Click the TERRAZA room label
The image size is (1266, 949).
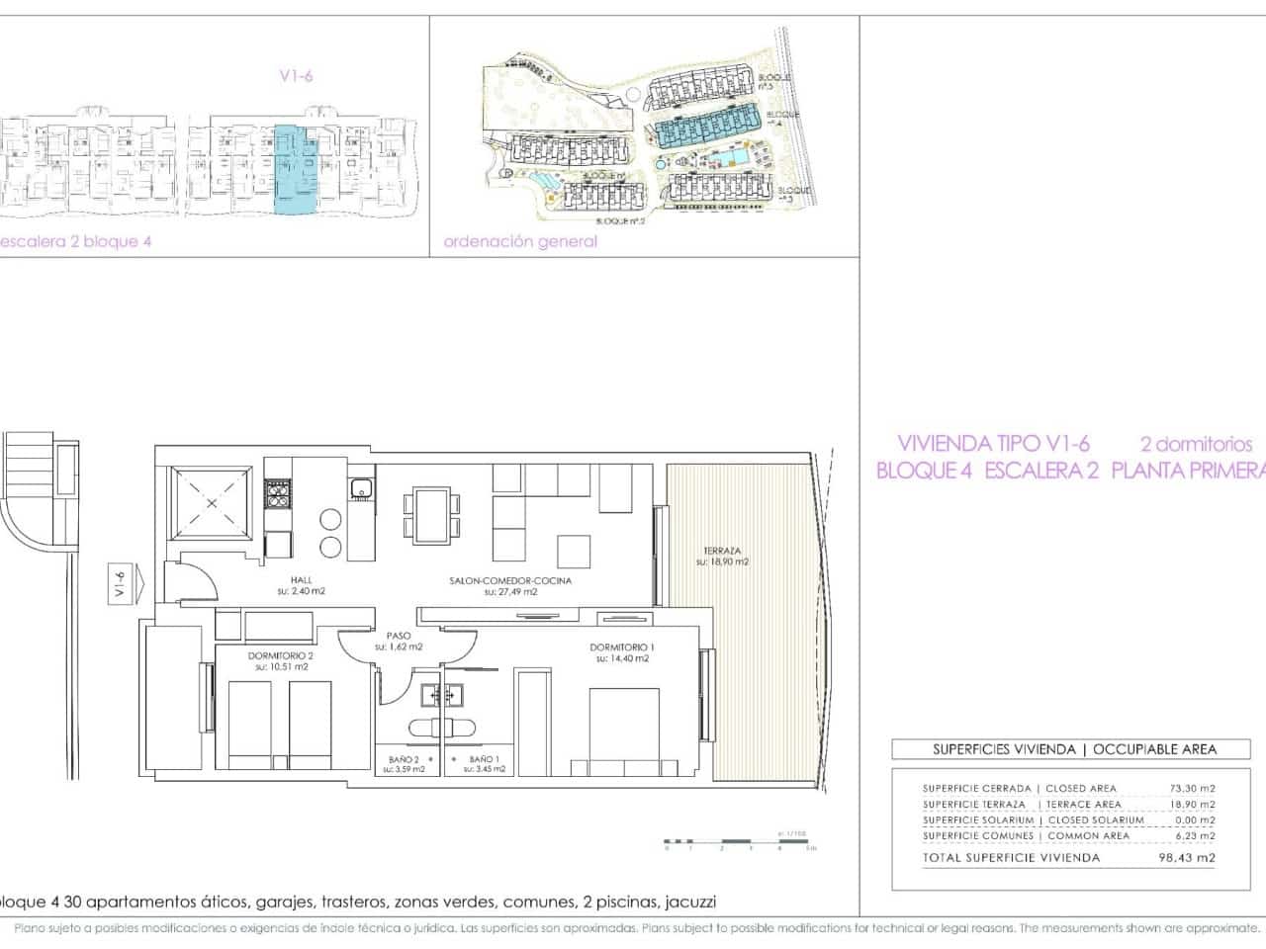point(722,552)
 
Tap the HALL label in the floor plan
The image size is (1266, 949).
point(302,581)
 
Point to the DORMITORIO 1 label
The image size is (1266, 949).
point(621,647)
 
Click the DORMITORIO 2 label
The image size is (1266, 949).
point(283,655)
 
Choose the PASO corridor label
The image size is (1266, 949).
point(399,636)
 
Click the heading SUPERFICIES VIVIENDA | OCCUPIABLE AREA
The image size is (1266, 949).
point(1074,749)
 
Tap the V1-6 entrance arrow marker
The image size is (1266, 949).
point(124,582)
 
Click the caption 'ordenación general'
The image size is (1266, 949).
point(521,241)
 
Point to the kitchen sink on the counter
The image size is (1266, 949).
point(361,486)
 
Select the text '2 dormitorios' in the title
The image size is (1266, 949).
point(1196,444)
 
